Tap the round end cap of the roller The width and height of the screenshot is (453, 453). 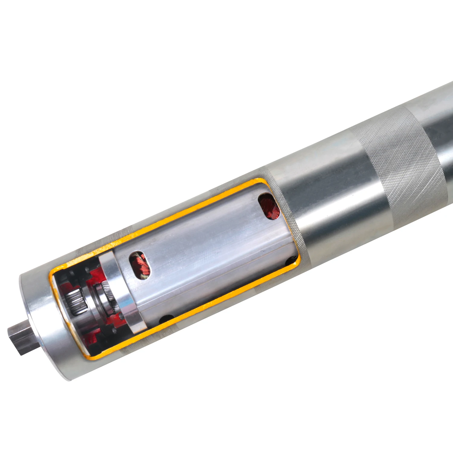click(x=45, y=326)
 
